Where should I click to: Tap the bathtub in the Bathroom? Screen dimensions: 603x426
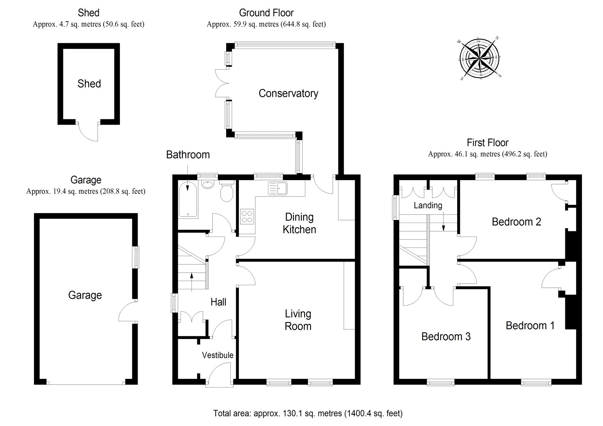click(x=188, y=200)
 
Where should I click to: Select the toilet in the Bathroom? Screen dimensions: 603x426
click(x=227, y=192)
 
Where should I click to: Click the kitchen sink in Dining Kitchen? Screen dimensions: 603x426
click(x=278, y=188)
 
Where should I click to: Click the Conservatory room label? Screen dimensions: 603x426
click(x=288, y=93)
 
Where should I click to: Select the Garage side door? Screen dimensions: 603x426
click(x=127, y=311)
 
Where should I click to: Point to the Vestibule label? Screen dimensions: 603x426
click(x=217, y=355)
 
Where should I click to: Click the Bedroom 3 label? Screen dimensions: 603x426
click(x=446, y=336)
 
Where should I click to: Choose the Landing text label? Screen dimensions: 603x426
click(x=428, y=205)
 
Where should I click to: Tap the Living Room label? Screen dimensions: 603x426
click(x=298, y=320)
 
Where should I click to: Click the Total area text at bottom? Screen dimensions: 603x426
click(x=308, y=413)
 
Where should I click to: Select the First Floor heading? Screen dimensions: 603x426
click(x=487, y=143)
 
